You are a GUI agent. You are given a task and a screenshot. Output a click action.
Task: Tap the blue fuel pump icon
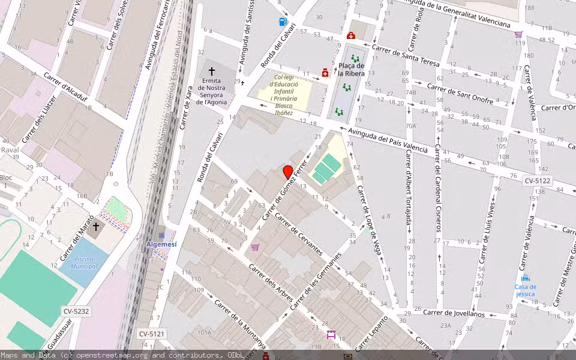(283, 22)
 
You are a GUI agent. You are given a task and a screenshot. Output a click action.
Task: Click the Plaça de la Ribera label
(351, 70)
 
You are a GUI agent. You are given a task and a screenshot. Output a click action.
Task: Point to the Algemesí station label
(162, 245)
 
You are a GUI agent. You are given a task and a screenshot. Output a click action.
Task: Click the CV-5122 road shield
(537, 181)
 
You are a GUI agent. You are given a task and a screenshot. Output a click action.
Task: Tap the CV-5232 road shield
(76, 311)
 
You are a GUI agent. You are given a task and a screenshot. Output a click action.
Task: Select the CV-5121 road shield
(151, 334)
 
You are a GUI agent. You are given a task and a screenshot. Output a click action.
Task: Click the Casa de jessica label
(526, 290)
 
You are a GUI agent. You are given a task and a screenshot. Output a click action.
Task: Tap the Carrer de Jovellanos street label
(454, 313)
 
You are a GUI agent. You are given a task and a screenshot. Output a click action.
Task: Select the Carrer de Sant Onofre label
(460, 93)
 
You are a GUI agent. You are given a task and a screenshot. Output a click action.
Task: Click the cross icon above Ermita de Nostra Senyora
(211, 71)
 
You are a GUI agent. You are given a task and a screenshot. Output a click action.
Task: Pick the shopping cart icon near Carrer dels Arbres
(255, 247)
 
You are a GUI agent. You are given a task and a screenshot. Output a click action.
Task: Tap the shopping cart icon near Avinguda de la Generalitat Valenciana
(518, 34)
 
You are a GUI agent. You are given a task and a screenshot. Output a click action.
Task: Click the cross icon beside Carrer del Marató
(95, 227)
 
